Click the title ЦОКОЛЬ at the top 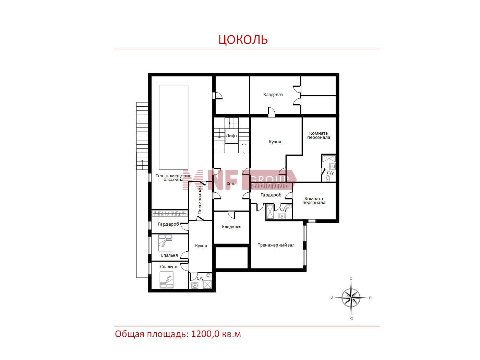pos(243,39)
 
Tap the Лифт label pos(231,136)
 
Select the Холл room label pos(231,184)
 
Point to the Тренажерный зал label pos(276,245)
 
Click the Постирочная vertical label pos(200,200)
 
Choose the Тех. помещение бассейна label pos(173,178)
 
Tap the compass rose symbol pos(351,298)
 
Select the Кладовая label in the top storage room pos(273,95)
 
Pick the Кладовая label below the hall pos(231,227)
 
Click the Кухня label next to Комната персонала pos(275,142)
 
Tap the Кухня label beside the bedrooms pos(201,246)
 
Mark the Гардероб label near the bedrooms pos(168,224)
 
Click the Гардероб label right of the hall pos(271,195)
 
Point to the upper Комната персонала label pos(319,135)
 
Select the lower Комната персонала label pos(314,201)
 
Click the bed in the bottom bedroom pos(167,280)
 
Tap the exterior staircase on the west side pos(142,136)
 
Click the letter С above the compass pos(351,278)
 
